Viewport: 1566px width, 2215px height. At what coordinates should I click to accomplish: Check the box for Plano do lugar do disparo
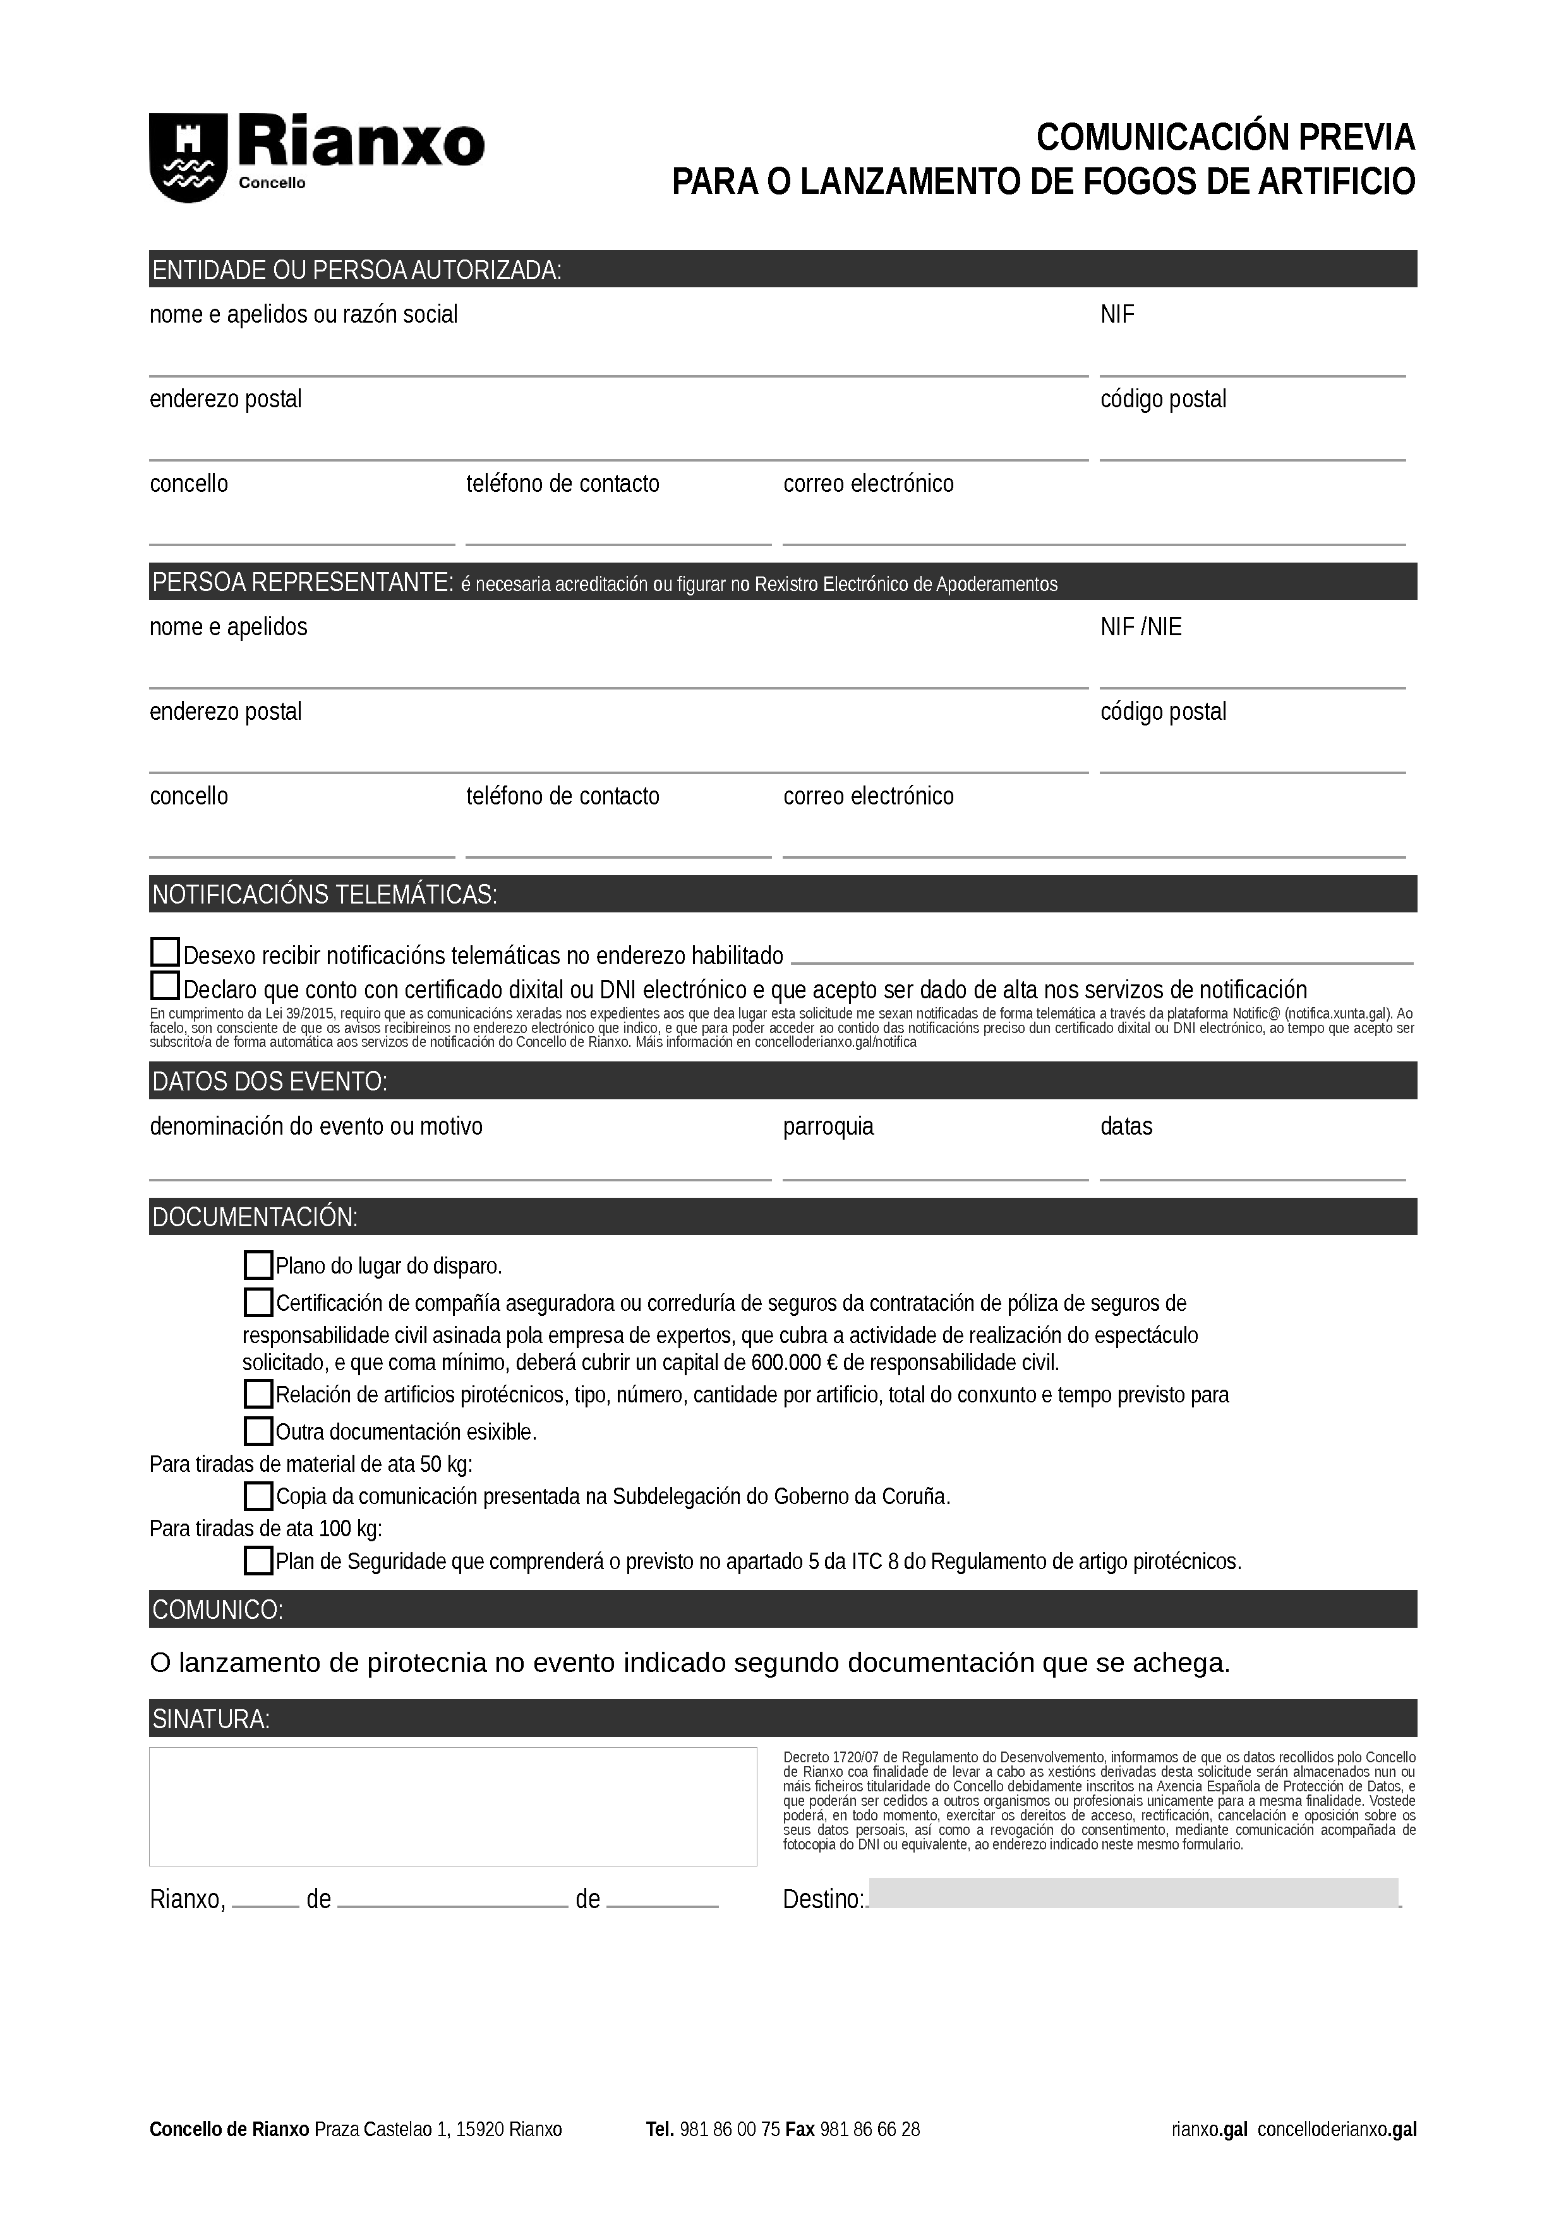click(x=258, y=1265)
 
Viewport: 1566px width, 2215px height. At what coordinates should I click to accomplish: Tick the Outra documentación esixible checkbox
click(x=258, y=1430)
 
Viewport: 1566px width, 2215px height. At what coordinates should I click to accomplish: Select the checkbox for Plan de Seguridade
click(x=258, y=1560)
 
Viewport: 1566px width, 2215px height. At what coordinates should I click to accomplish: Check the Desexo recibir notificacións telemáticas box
click(x=165, y=953)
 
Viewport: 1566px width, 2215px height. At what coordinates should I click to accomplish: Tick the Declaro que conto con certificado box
click(x=165, y=986)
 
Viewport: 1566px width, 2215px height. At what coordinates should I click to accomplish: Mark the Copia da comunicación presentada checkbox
click(x=258, y=1495)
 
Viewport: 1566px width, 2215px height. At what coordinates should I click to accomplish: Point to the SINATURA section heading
click(x=212, y=1718)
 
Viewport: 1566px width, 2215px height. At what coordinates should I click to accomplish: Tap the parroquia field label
click(x=828, y=1126)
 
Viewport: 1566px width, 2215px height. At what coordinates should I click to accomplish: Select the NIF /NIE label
click(x=1140, y=627)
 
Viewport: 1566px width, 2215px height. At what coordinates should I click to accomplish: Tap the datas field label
click(x=1126, y=1126)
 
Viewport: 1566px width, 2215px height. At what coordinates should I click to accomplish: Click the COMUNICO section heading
click(x=217, y=1609)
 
